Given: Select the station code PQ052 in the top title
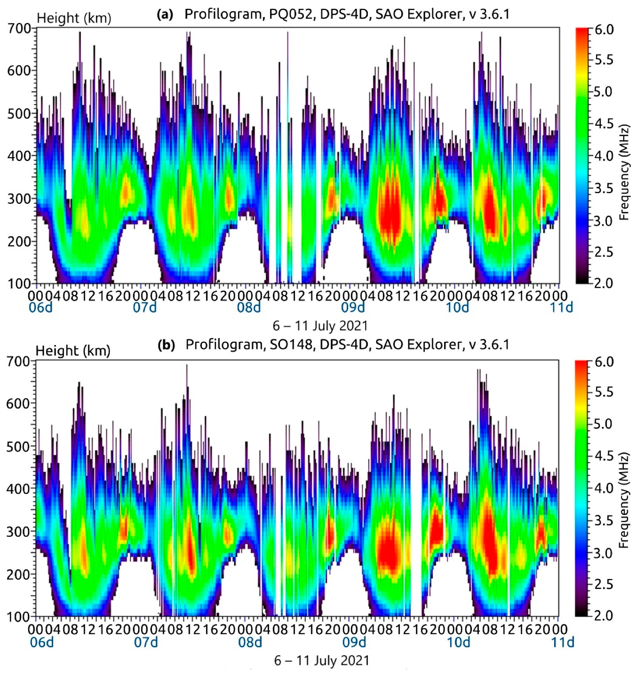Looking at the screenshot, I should click(288, 14).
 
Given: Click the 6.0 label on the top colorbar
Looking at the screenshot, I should click(604, 30).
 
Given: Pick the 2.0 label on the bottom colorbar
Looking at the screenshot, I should click(604, 615).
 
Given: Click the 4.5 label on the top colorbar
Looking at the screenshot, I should click(604, 124).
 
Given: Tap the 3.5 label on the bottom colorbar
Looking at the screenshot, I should click(604, 520).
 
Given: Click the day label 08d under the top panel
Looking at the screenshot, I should click(249, 308).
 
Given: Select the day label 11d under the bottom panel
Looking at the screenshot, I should click(563, 642).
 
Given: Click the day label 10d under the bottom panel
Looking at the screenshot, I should click(458, 642).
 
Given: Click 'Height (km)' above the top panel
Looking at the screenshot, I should click(74, 18).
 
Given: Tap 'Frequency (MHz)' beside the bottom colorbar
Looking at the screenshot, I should click(624, 501).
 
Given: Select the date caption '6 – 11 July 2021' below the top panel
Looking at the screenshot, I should click(320, 326).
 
